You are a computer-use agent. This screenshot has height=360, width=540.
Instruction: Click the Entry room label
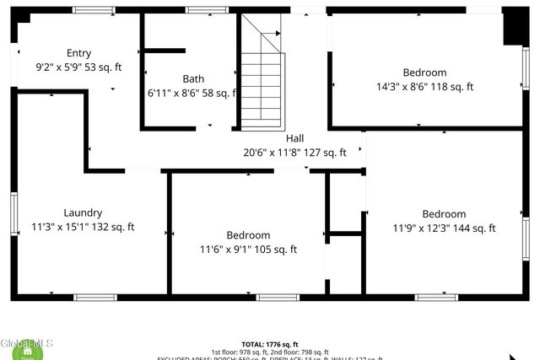click(78, 52)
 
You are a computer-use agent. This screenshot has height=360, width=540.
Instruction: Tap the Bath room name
click(193, 78)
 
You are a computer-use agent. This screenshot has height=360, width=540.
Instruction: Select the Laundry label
click(83, 212)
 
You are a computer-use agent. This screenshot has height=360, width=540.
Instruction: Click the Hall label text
click(295, 138)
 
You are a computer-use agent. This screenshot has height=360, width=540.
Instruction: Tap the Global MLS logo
click(27, 347)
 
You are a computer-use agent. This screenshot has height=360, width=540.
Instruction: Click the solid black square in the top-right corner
click(515, 26)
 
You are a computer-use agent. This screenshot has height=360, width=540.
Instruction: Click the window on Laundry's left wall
click(13, 213)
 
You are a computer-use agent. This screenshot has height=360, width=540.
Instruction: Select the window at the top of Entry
click(94, 10)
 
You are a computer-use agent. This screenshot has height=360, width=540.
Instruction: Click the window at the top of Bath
click(201, 10)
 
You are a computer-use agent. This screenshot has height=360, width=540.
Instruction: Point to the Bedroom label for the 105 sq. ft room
click(248, 234)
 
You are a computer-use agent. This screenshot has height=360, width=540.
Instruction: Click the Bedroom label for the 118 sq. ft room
click(424, 73)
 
